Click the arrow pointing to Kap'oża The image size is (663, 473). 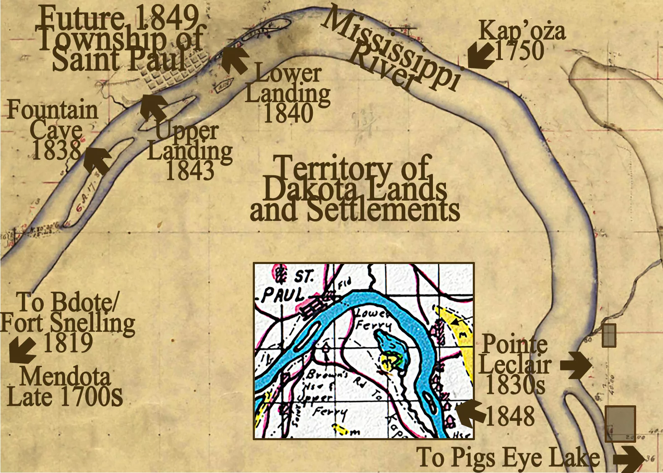[x=481, y=55]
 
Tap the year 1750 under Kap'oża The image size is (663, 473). [x=519, y=50]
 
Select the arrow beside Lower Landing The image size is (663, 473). [x=235, y=59]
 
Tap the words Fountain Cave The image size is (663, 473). [x=53, y=119]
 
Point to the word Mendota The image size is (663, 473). [x=65, y=376]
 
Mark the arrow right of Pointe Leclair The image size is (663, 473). [x=576, y=365]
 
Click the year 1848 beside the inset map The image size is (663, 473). [x=510, y=416]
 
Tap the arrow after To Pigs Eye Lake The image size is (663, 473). [x=629, y=458]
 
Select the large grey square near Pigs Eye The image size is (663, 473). [x=620, y=423]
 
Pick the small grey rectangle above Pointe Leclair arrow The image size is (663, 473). [x=609, y=335]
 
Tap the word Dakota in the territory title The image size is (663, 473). [x=308, y=189]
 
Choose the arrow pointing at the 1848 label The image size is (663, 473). [x=470, y=412]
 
